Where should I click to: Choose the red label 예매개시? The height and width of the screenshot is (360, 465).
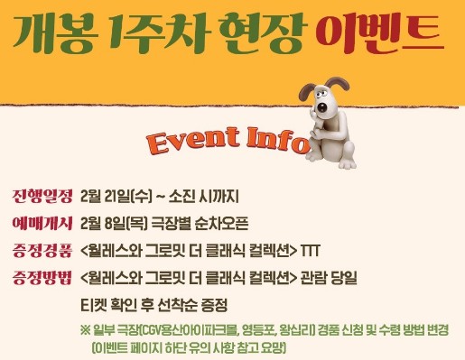click(x=41, y=223)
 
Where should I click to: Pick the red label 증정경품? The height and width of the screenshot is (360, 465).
click(x=41, y=250)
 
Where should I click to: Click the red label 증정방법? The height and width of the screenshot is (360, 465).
click(x=41, y=277)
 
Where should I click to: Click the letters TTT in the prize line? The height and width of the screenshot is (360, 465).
click(x=310, y=250)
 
